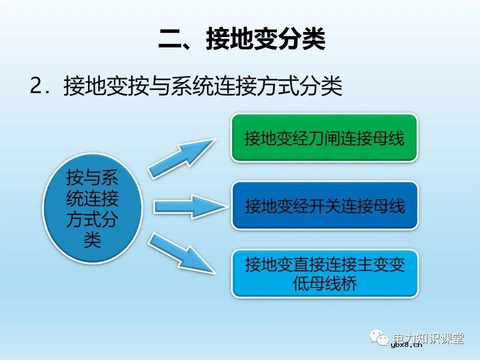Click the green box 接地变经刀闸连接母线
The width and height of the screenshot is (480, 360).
(x=324, y=138)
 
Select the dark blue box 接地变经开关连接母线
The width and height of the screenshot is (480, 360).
(x=324, y=205)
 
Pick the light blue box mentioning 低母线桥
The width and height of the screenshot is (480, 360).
(x=324, y=274)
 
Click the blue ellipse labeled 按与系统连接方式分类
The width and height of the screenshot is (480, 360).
(x=92, y=210)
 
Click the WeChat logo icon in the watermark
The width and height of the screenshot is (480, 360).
(x=380, y=338)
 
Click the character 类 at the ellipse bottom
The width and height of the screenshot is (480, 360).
(x=92, y=240)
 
